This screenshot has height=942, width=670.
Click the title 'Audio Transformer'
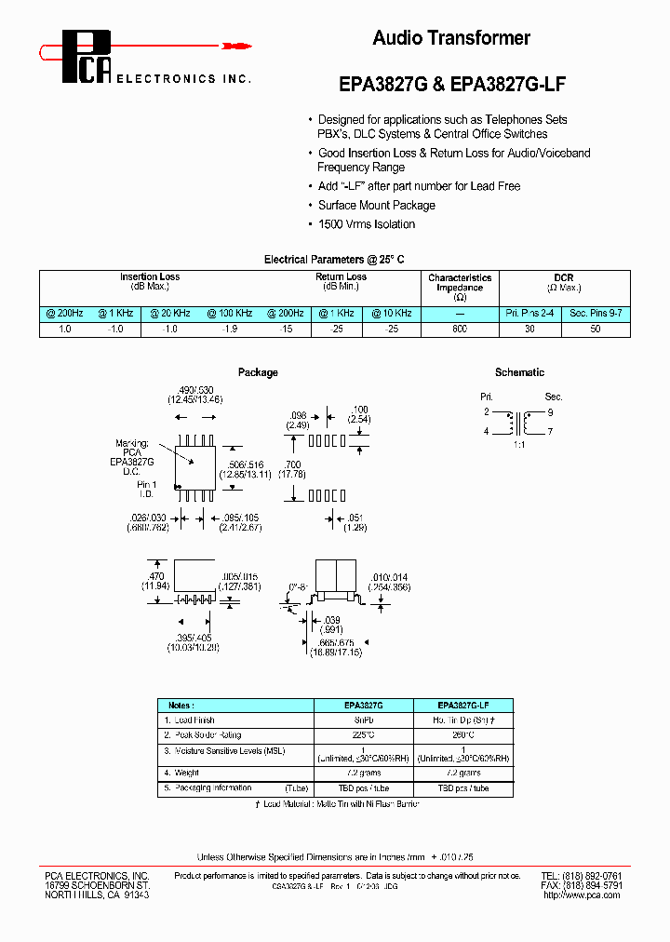pos(451,38)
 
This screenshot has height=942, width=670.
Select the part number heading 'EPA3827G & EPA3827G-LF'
pos(451,83)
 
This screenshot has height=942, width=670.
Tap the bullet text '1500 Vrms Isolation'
pos(367,224)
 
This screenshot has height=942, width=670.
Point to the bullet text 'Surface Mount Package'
pos(376,206)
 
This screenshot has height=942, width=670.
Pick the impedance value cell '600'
pos(460,330)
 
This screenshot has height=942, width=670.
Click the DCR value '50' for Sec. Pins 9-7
pos(596,330)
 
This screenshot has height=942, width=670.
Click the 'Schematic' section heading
pos(519,372)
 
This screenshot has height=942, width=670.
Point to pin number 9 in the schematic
pos(550,412)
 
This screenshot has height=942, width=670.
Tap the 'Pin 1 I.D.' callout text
pos(147,490)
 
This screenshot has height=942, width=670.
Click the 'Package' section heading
pos(258,372)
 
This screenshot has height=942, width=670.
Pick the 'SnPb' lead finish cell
pos(364,720)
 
